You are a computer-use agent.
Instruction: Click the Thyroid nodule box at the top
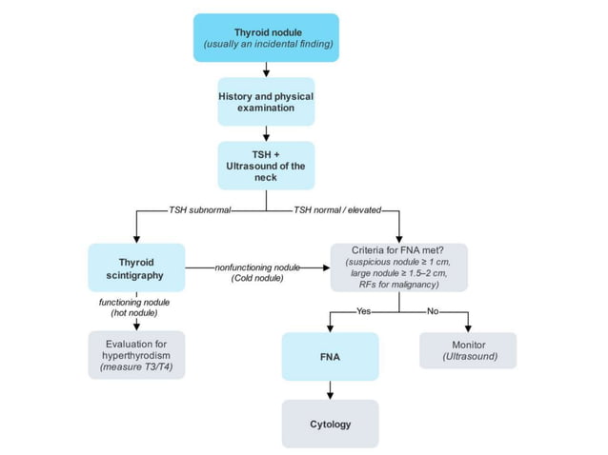click(266, 37)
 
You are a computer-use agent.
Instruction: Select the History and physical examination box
click(266, 101)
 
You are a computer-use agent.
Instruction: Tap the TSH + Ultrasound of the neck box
click(266, 163)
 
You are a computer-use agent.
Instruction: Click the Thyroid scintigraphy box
click(135, 268)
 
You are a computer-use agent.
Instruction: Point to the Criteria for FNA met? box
click(399, 267)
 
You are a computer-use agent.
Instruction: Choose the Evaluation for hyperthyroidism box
click(136, 354)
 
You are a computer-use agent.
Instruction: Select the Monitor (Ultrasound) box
click(467, 349)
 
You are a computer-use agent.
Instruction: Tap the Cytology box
click(330, 423)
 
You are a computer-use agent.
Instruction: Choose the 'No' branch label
click(433, 309)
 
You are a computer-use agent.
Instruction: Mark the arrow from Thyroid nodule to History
click(266, 69)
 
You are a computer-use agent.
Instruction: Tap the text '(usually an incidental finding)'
click(266, 45)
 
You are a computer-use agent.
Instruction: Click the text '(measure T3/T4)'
click(136, 366)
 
